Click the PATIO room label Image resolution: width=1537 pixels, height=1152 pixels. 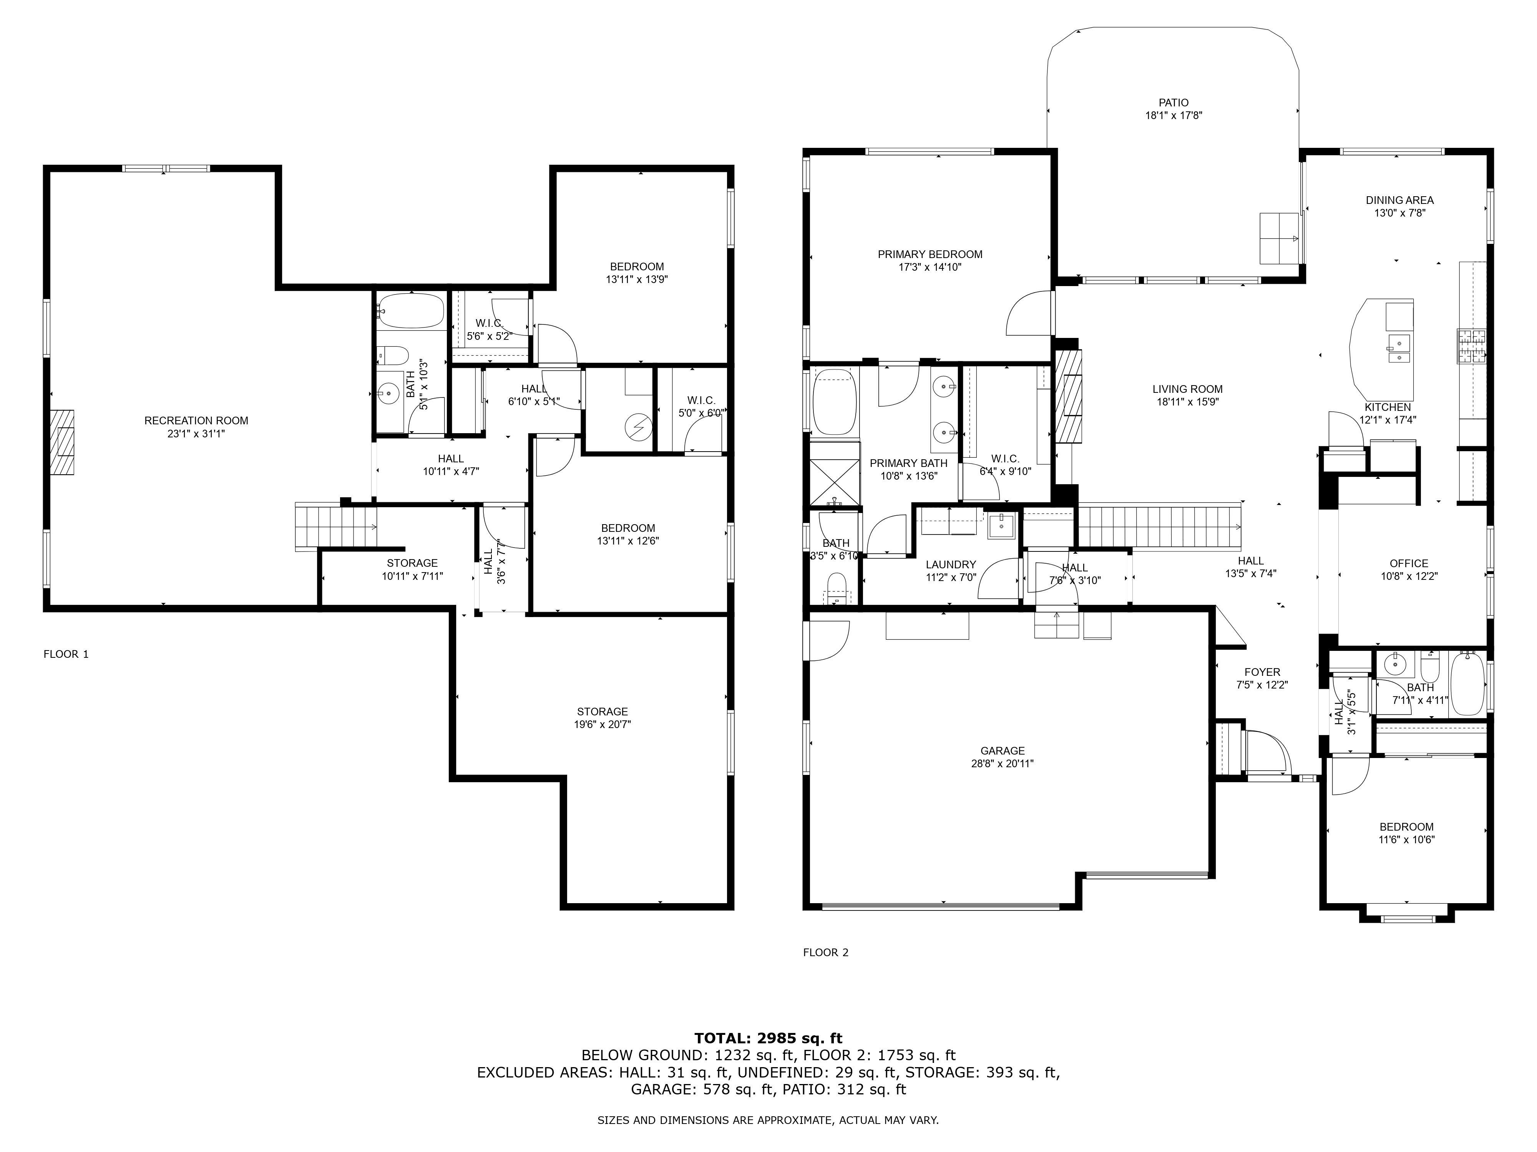[1173, 103]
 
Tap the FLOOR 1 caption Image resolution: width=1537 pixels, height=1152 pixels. [66, 654]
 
